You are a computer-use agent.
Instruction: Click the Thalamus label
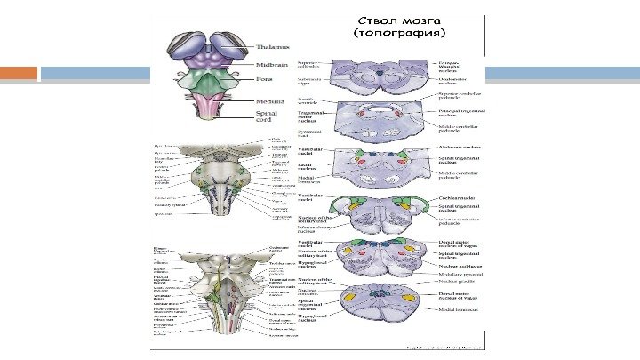[273, 47]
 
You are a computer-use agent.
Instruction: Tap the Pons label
[264, 79]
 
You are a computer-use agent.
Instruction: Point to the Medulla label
[270, 100]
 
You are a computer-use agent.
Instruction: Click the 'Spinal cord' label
[265, 117]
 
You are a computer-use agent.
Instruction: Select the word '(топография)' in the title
[397, 34]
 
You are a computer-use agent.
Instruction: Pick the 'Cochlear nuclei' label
[457, 199]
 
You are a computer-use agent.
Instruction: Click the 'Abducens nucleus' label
[459, 148]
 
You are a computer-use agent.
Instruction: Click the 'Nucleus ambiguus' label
[460, 265]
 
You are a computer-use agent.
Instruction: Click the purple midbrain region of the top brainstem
[212, 62]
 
